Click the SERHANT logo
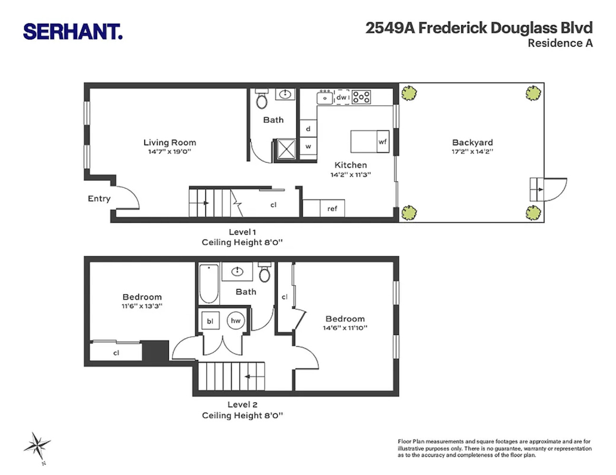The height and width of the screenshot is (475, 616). (73, 31)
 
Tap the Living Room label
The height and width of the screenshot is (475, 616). (169, 142)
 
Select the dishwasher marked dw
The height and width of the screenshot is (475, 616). (342, 97)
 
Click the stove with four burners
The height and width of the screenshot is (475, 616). (361, 97)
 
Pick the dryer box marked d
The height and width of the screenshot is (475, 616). (308, 129)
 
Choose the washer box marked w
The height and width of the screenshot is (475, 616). (308, 146)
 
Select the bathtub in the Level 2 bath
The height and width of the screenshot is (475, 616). (209, 284)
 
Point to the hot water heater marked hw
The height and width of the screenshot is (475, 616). (235, 321)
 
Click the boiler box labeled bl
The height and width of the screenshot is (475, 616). (210, 321)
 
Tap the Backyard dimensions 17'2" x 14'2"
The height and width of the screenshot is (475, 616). (472, 152)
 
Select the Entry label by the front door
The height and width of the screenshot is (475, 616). (99, 199)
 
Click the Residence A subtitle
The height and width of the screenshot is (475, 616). (560, 43)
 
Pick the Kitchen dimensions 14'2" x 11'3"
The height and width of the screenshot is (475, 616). (351, 175)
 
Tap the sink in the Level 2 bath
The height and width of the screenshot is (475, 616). (237, 272)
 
